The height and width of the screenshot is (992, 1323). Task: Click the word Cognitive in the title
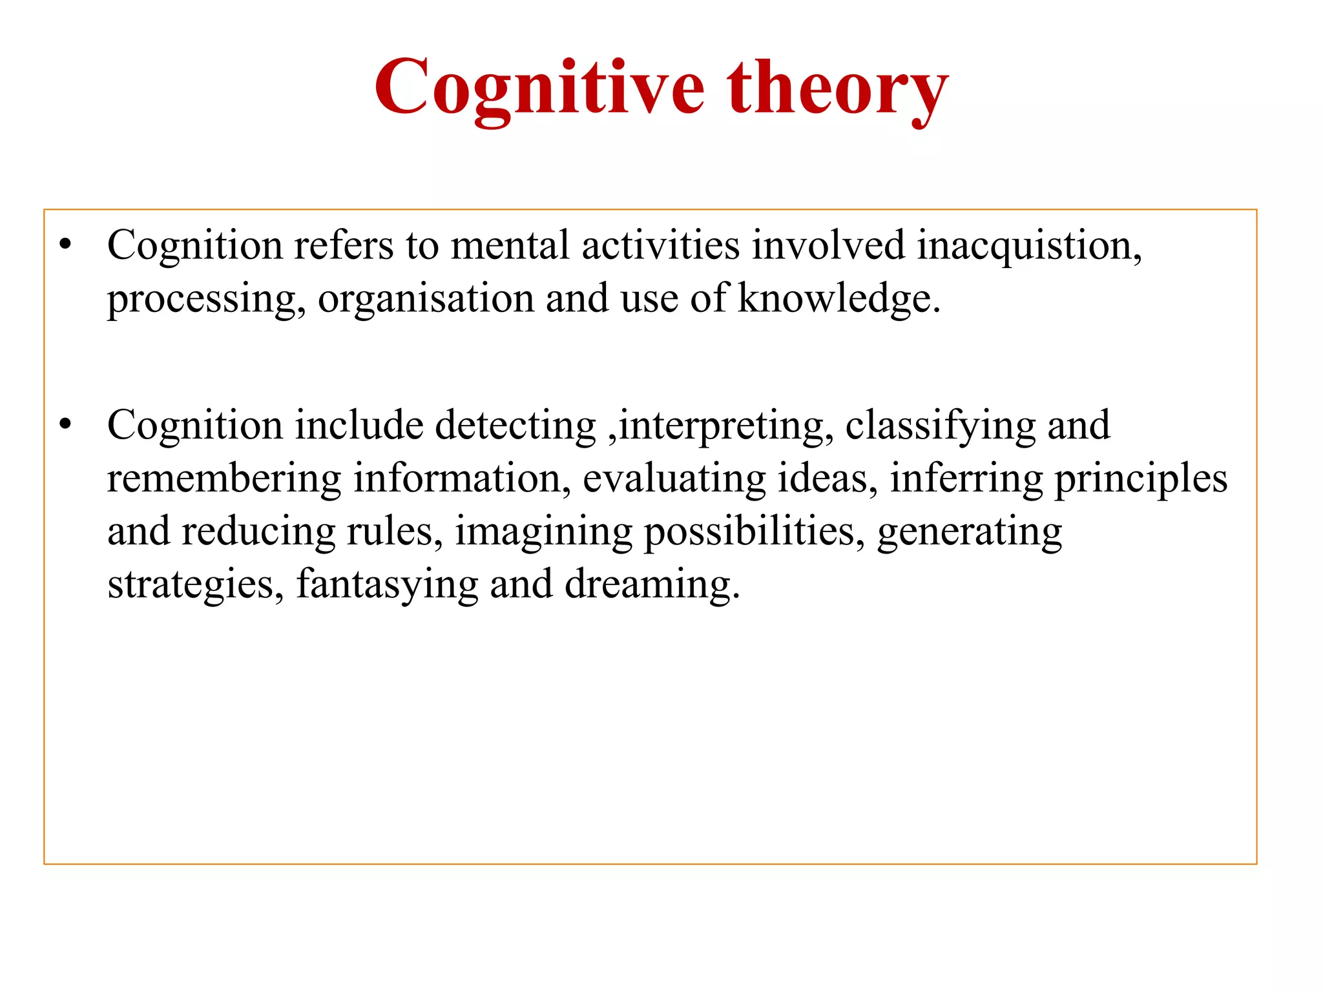click(539, 87)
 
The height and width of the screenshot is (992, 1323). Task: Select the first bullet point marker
click(65, 245)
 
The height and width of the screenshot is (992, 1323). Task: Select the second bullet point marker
click(65, 425)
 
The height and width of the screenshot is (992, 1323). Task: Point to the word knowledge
click(838, 299)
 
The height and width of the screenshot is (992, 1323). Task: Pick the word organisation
click(426, 299)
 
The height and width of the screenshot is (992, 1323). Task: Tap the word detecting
click(516, 426)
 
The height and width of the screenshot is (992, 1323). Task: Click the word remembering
click(224, 479)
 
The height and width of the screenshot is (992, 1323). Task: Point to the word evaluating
click(674, 479)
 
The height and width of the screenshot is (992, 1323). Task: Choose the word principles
click(1141, 479)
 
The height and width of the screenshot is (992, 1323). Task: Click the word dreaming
click(651, 585)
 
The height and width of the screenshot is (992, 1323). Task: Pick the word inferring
click(966, 479)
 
